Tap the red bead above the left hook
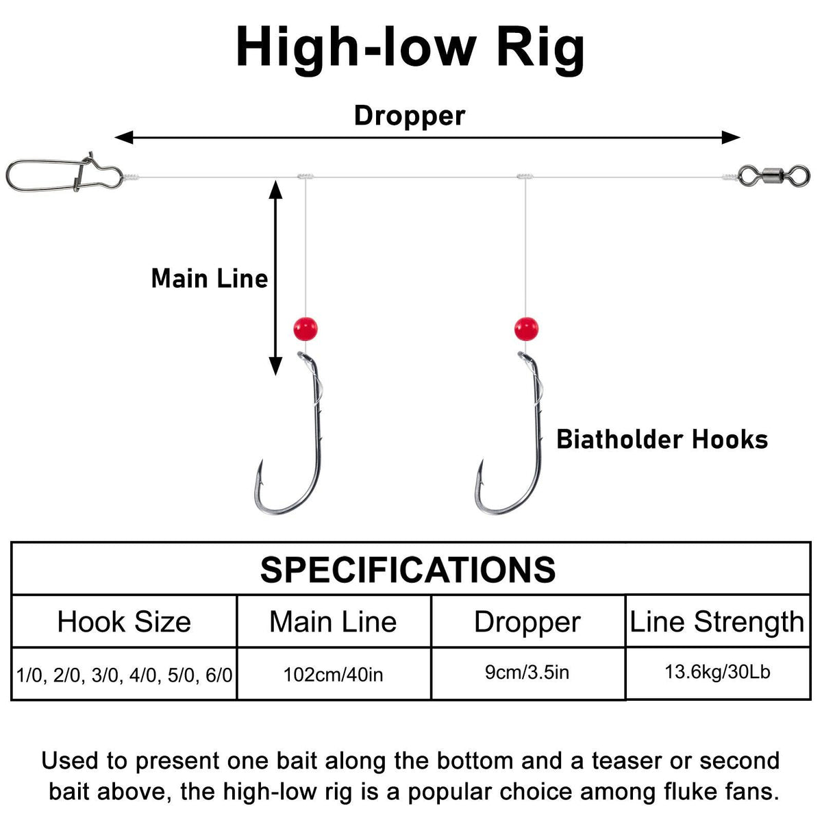click(x=305, y=329)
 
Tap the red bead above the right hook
click(x=526, y=329)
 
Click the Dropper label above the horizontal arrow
click(x=410, y=116)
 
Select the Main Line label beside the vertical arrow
click(x=210, y=279)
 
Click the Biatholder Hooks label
click(x=662, y=439)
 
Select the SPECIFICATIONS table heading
click(x=408, y=570)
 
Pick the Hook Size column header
click(x=124, y=622)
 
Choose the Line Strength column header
click(x=717, y=622)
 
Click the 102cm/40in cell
click(x=334, y=675)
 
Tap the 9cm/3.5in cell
click(x=527, y=672)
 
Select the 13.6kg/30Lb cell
click(x=717, y=671)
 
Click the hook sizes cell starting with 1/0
click(x=124, y=675)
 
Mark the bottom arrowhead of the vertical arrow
click(x=275, y=366)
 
